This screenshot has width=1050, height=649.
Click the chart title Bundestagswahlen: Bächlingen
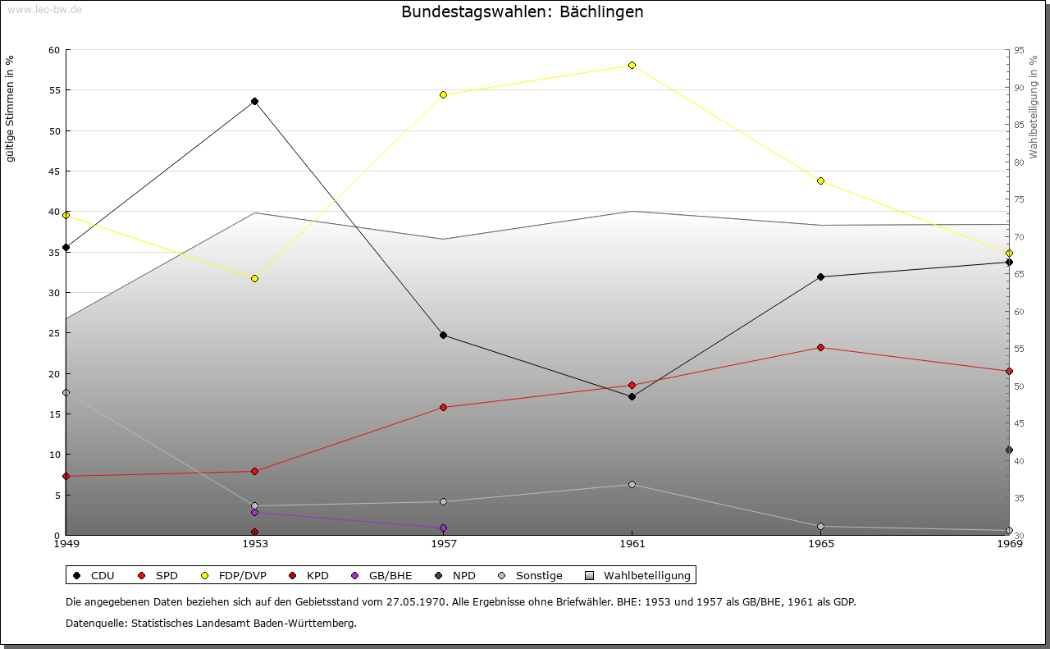[522, 12]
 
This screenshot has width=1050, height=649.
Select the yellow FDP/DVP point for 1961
[632, 65]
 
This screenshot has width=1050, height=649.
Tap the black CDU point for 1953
[254, 102]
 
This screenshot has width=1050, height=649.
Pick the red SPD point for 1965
[820, 348]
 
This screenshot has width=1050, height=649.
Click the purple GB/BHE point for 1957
[443, 528]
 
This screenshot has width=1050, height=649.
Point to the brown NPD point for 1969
[1009, 450]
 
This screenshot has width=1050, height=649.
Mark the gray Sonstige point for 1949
[66, 392]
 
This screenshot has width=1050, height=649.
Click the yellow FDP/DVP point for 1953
[254, 278]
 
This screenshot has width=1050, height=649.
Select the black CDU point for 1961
[632, 396]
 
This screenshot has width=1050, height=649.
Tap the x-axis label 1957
[444, 543]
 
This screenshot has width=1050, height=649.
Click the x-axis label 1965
[821, 543]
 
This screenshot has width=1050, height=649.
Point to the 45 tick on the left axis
[54, 171]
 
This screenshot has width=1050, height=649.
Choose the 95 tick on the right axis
[1019, 50]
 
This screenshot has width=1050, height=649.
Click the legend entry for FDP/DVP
[233, 575]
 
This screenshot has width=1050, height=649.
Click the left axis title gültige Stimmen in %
[11, 108]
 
